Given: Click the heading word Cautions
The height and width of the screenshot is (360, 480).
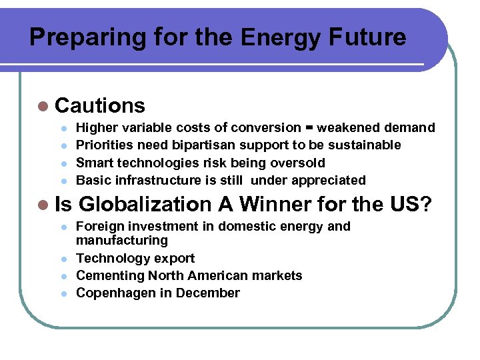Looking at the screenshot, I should coord(100,105).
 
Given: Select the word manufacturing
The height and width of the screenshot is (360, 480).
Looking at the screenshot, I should coord(122,240).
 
